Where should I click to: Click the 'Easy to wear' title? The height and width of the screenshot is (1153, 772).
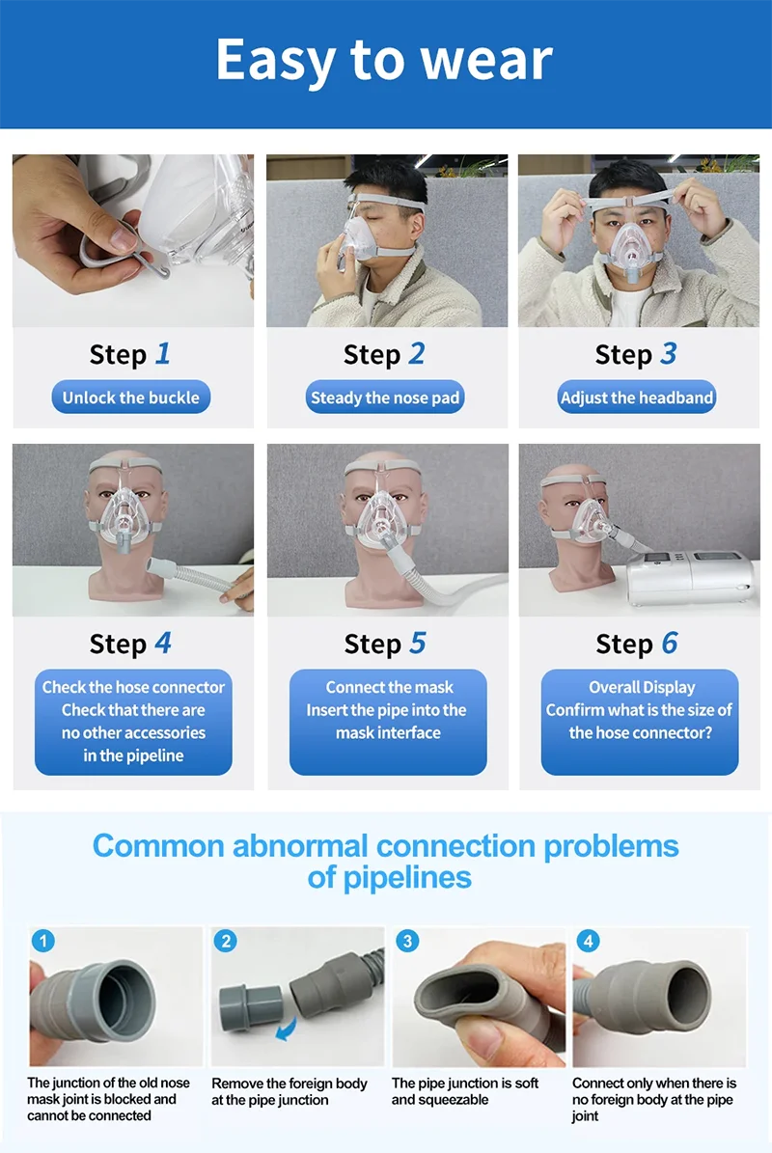point(384,60)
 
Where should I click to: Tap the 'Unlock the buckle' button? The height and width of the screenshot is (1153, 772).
point(131,398)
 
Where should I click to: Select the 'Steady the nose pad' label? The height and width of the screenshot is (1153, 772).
point(384,398)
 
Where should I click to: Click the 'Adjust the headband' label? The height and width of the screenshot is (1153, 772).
point(637,398)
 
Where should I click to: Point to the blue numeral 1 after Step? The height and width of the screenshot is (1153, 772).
point(162,354)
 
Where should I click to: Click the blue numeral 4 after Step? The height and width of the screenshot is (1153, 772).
point(163,644)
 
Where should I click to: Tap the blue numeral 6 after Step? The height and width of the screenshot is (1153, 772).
point(670,644)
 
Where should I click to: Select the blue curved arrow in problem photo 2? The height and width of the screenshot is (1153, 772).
point(287,1028)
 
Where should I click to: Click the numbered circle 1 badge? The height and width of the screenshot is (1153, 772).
point(43,941)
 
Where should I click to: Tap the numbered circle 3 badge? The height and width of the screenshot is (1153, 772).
point(407,941)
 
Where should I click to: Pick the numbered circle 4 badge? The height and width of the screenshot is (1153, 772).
point(589,941)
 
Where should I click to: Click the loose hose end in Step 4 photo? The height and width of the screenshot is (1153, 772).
point(162,567)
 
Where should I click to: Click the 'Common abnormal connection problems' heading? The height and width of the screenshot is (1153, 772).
point(385,845)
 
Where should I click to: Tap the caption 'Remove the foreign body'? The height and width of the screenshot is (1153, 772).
point(289,1084)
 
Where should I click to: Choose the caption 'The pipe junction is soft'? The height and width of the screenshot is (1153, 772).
point(465,1084)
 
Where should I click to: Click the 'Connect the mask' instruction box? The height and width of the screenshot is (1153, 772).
point(388,722)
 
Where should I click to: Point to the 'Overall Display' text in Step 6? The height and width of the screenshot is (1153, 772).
point(642,688)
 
